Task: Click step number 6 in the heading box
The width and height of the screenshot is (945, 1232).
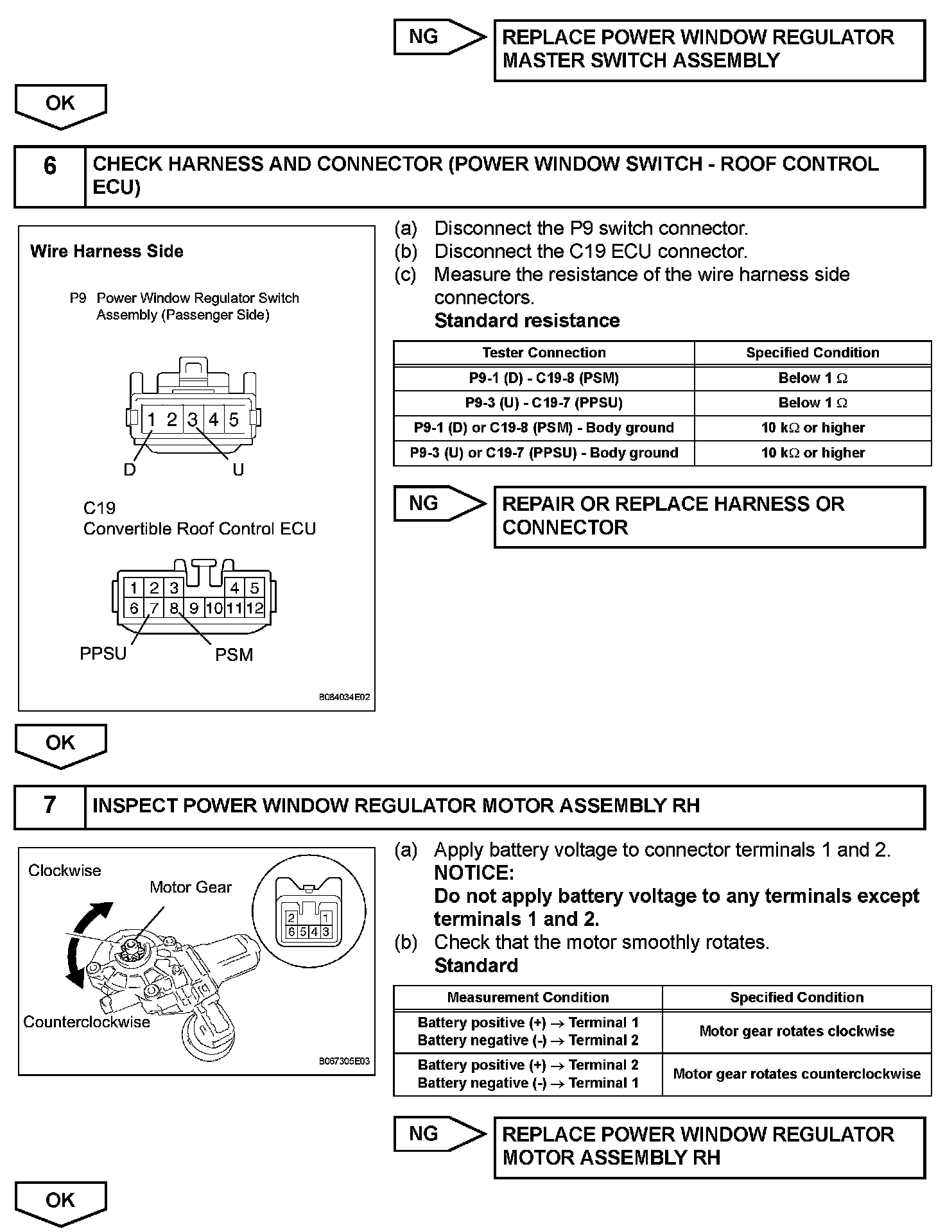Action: [x=49, y=167]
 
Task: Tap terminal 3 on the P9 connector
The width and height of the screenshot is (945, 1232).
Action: [x=193, y=420]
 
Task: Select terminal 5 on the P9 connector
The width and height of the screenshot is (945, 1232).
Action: [x=234, y=420]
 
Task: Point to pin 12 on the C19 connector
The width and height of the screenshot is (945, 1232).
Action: [x=255, y=608]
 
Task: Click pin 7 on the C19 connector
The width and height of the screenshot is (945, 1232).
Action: [x=153, y=608]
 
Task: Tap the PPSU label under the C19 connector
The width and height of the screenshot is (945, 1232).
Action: [x=103, y=654]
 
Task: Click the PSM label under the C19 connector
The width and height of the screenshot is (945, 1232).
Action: [x=234, y=655]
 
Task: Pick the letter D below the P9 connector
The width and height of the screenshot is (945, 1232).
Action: [x=130, y=470]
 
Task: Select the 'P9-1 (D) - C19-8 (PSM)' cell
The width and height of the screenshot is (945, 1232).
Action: [x=544, y=378]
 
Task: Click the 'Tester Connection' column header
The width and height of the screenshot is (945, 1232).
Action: [x=544, y=353]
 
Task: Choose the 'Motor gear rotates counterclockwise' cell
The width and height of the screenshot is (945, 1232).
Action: [x=797, y=1074]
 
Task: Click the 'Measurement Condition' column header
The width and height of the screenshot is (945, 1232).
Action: [x=528, y=998]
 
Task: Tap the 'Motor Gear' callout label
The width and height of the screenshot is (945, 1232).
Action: [x=190, y=887]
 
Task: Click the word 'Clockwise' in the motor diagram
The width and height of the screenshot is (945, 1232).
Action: [x=65, y=871]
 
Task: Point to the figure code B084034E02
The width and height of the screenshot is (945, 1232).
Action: [x=344, y=697]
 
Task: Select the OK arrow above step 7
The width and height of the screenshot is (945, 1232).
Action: [x=60, y=744]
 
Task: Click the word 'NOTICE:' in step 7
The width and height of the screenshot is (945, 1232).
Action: [x=474, y=873]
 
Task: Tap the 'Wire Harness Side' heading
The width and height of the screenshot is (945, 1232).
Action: [x=107, y=252]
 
